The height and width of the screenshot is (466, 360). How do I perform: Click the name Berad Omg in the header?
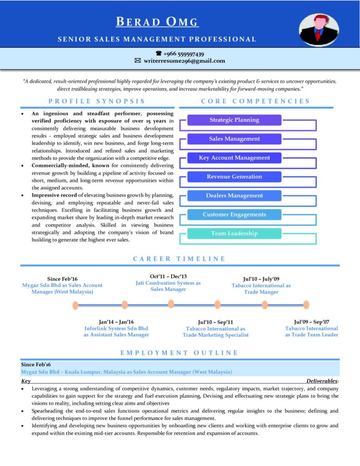pos(157,21)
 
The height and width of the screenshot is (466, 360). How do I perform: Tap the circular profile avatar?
pos(319,30)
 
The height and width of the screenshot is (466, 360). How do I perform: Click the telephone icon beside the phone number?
pos(159,54)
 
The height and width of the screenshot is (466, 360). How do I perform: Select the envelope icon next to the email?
pos(137,61)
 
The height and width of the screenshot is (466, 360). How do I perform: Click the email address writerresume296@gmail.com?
pos(184,61)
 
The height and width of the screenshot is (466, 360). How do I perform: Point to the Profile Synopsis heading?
pos(97,101)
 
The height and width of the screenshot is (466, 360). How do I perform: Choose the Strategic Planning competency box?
pos(234,120)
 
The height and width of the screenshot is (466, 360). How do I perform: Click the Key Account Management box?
pos(234,158)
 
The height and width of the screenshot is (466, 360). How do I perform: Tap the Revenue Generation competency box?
pos(234,177)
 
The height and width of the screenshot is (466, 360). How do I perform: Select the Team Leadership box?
pos(234,233)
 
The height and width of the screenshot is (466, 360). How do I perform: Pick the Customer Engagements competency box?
pos(234,214)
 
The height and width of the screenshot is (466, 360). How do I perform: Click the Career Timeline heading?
pos(179,258)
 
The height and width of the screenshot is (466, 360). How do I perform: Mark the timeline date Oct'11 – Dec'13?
pos(168,276)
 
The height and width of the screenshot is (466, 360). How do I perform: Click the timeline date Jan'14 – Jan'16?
pos(116,322)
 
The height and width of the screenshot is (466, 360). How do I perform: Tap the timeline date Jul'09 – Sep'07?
pos(312,322)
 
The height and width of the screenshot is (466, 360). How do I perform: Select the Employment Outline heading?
pos(179,353)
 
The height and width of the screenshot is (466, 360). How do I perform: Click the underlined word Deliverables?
pos(322,380)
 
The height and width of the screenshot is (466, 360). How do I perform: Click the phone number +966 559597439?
pos(183,54)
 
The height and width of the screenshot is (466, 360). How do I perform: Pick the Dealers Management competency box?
pos(234,196)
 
